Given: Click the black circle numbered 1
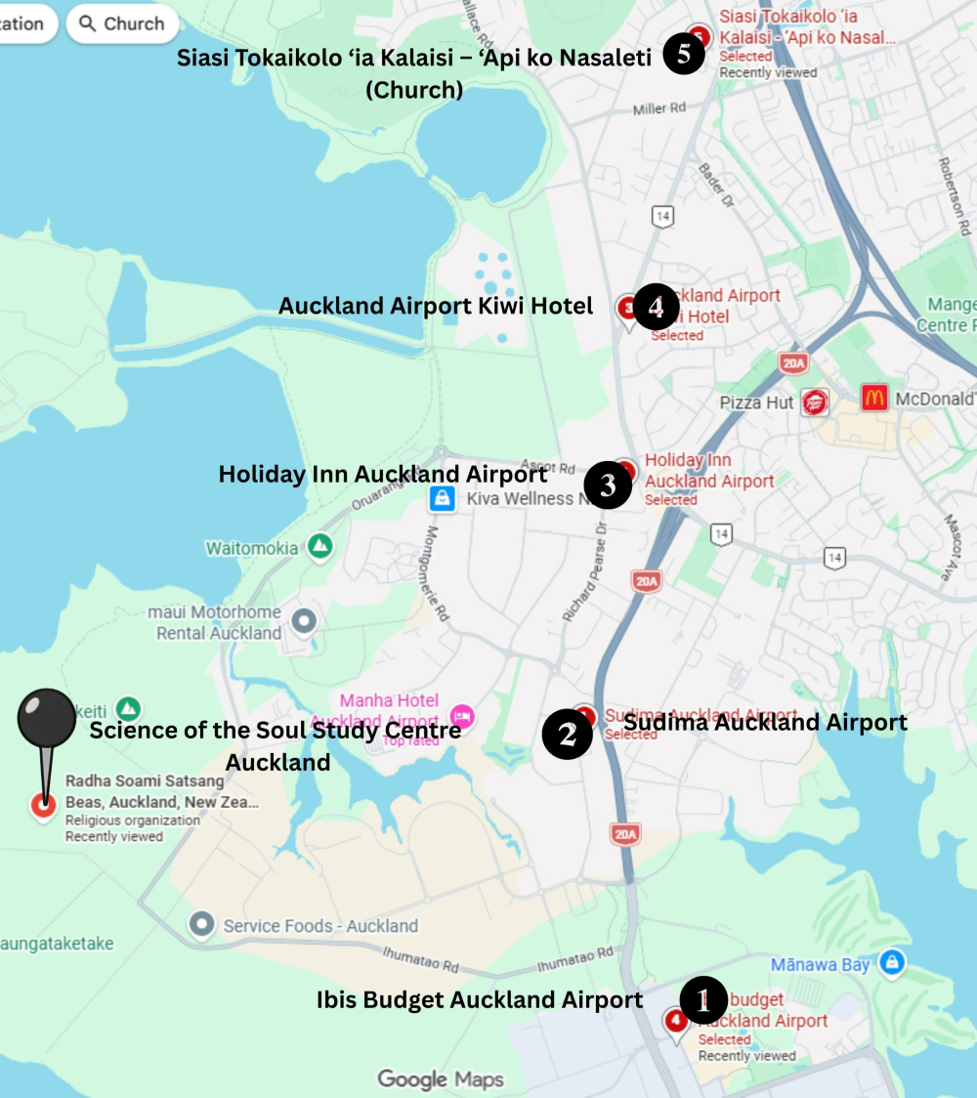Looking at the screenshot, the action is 702,999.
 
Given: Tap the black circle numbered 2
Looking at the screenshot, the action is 568,735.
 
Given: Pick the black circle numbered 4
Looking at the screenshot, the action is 656,308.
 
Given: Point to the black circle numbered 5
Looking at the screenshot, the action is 684,55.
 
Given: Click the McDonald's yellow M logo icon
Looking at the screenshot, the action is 874,398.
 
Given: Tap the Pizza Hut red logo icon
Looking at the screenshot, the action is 814,402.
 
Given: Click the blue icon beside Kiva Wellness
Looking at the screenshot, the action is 443,499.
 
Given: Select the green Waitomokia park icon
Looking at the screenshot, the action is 319,547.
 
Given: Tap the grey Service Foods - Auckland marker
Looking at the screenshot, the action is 202,924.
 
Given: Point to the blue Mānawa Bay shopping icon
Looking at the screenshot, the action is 890,962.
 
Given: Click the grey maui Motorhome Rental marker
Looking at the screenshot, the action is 305,621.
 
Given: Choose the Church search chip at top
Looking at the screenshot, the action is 122,23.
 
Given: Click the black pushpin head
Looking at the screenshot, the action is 46,718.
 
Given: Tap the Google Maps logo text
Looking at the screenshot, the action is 441,1078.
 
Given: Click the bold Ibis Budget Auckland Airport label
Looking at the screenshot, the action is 480,999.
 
